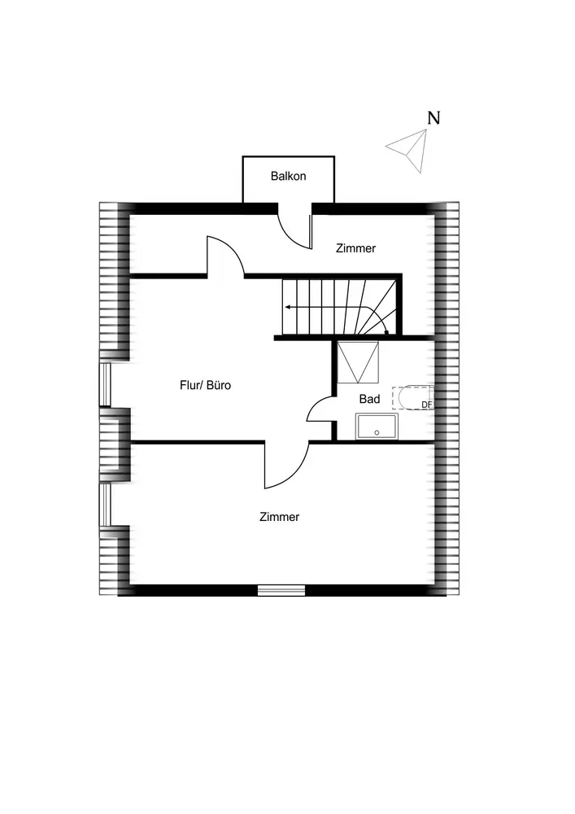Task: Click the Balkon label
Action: pos(288,176)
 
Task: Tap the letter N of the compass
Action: pos(434,118)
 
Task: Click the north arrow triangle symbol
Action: pos(408,150)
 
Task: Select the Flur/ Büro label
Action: pos(205,385)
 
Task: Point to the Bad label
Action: pos(369,399)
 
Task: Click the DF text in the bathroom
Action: pos(426,405)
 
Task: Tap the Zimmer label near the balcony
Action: pos(356,248)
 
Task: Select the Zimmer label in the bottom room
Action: pos(279,517)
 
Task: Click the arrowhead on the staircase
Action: pos(288,308)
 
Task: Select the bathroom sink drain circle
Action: pos(377,432)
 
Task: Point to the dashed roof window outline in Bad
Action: pos(412,398)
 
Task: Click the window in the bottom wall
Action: pos(281,590)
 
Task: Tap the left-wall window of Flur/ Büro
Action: pos(104,384)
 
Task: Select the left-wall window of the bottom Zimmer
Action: pos(104,505)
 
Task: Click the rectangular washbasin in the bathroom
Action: pos(377,427)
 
